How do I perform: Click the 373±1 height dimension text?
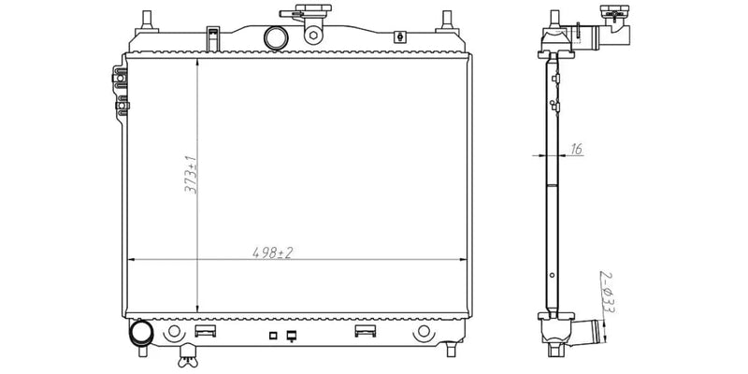(x=192, y=174)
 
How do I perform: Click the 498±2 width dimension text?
(x=272, y=252)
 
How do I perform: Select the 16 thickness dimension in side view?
(x=576, y=150)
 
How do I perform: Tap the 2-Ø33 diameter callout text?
(x=607, y=292)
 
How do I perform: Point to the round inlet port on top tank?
(x=276, y=38)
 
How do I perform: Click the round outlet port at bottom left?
(x=141, y=333)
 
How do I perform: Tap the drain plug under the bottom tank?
(x=188, y=357)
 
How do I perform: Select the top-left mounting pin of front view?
(x=147, y=22)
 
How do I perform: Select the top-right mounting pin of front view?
(x=447, y=22)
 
